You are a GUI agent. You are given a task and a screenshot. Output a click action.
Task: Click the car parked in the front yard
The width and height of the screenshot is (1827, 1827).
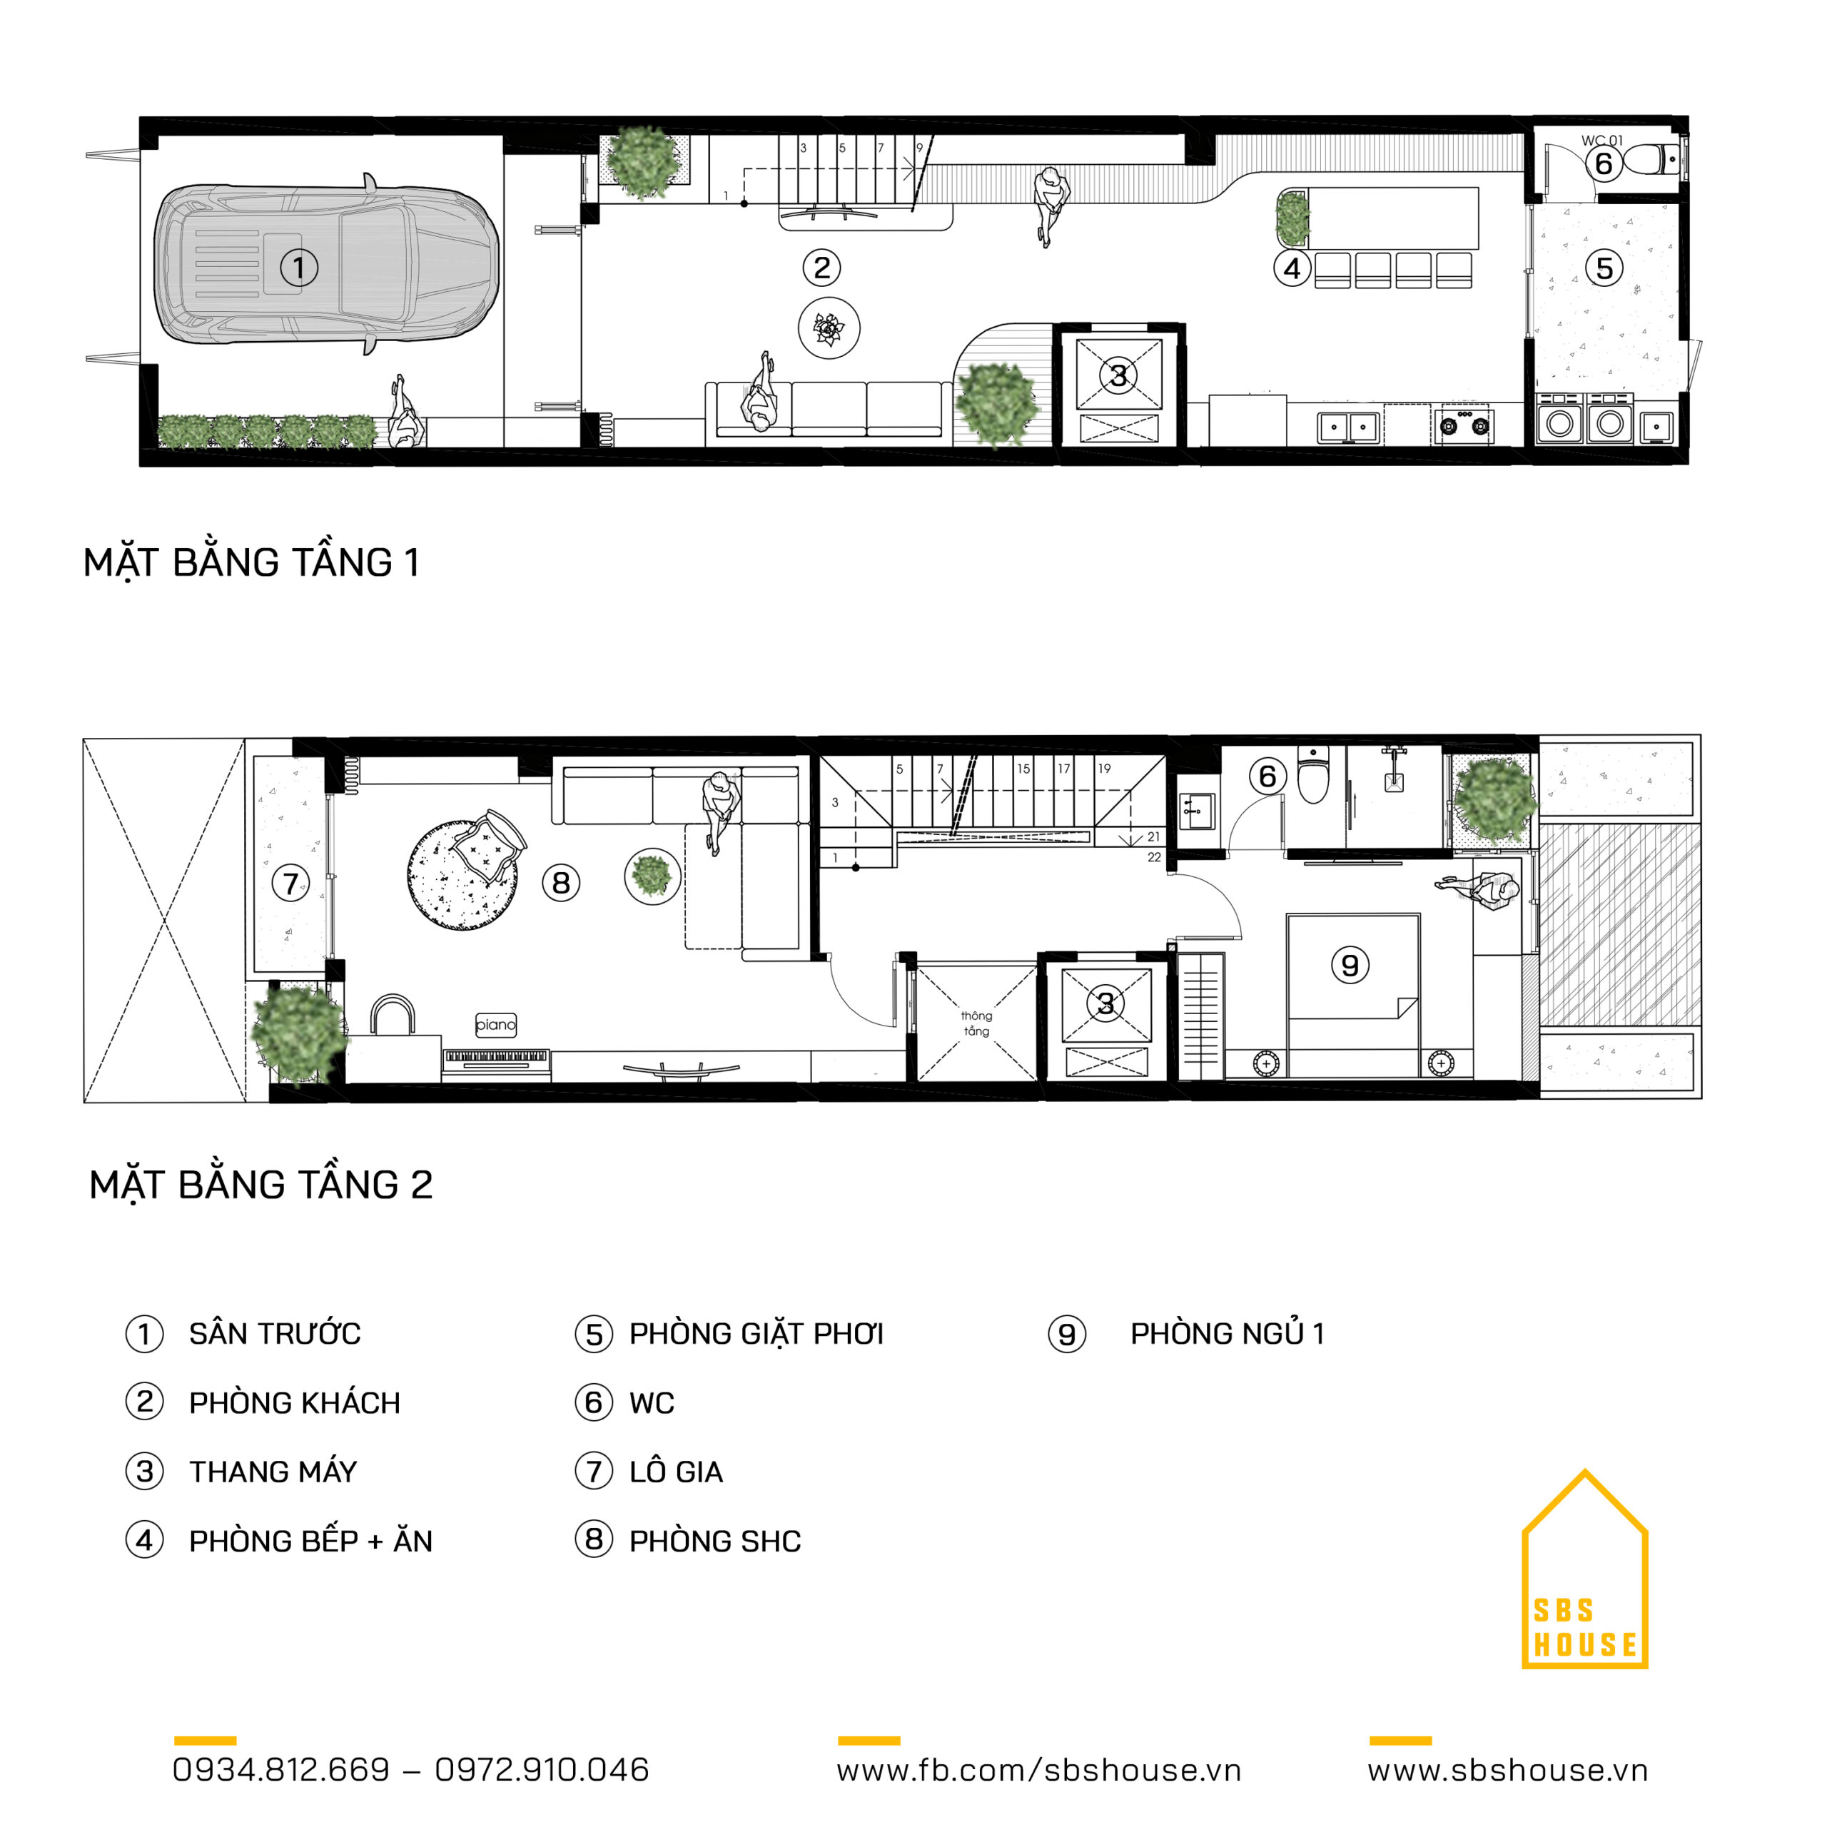click(x=326, y=264)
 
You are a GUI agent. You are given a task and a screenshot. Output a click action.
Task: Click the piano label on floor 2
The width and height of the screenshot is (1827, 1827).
click(x=495, y=1024)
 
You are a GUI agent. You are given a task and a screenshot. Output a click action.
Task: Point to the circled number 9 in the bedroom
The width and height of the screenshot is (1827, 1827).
click(x=1350, y=965)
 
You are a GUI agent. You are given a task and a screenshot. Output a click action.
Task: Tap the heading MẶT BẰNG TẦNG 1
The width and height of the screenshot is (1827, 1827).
click(x=250, y=562)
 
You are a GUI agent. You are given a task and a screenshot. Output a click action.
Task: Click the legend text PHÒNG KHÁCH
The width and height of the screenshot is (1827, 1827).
click(x=294, y=1402)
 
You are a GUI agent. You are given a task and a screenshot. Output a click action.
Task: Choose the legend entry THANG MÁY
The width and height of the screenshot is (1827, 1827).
click(x=273, y=1472)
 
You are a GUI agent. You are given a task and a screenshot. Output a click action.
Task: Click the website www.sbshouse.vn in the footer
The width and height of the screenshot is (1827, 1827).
click(x=1507, y=1770)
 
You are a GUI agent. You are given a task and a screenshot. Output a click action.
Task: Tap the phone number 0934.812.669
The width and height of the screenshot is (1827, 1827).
click(x=281, y=1769)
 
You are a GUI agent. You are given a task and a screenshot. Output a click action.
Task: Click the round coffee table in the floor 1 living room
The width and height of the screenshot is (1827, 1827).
click(x=829, y=328)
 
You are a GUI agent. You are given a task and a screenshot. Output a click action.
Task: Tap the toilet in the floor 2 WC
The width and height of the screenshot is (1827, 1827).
click(x=1313, y=773)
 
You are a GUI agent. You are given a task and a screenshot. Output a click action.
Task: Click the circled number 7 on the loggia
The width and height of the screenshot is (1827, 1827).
click(x=290, y=884)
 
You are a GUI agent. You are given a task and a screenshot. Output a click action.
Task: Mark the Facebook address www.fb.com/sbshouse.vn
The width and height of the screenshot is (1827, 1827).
click(x=1038, y=1770)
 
